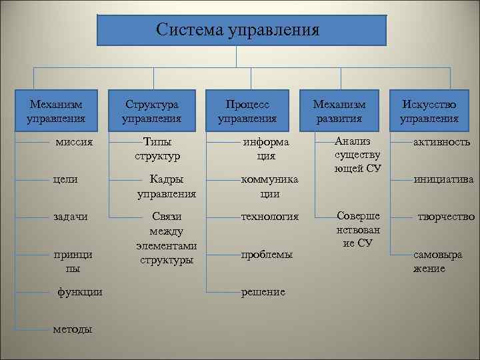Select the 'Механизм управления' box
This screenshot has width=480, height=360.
click(56, 111)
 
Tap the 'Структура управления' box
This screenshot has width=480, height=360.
click(151, 111)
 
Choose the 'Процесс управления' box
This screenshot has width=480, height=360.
click(247, 111)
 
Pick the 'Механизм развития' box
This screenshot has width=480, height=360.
click(339, 111)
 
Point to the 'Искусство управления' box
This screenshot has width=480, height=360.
click(429, 111)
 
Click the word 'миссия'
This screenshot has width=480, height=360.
click(74, 142)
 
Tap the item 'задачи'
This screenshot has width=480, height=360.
click(71, 217)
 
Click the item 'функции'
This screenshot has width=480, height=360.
click(80, 292)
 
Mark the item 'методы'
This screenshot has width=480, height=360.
click(74, 329)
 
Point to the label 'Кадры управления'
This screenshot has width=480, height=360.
click(166, 187)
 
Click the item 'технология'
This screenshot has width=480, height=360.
click(270, 217)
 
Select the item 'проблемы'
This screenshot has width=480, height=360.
click(266, 255)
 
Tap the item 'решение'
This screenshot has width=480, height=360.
click(263, 292)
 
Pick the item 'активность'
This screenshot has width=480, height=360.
click(441, 142)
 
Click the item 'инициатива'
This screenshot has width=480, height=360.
click(443, 179)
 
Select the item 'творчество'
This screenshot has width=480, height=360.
click(446, 217)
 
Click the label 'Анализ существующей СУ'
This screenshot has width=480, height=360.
click(358, 154)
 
